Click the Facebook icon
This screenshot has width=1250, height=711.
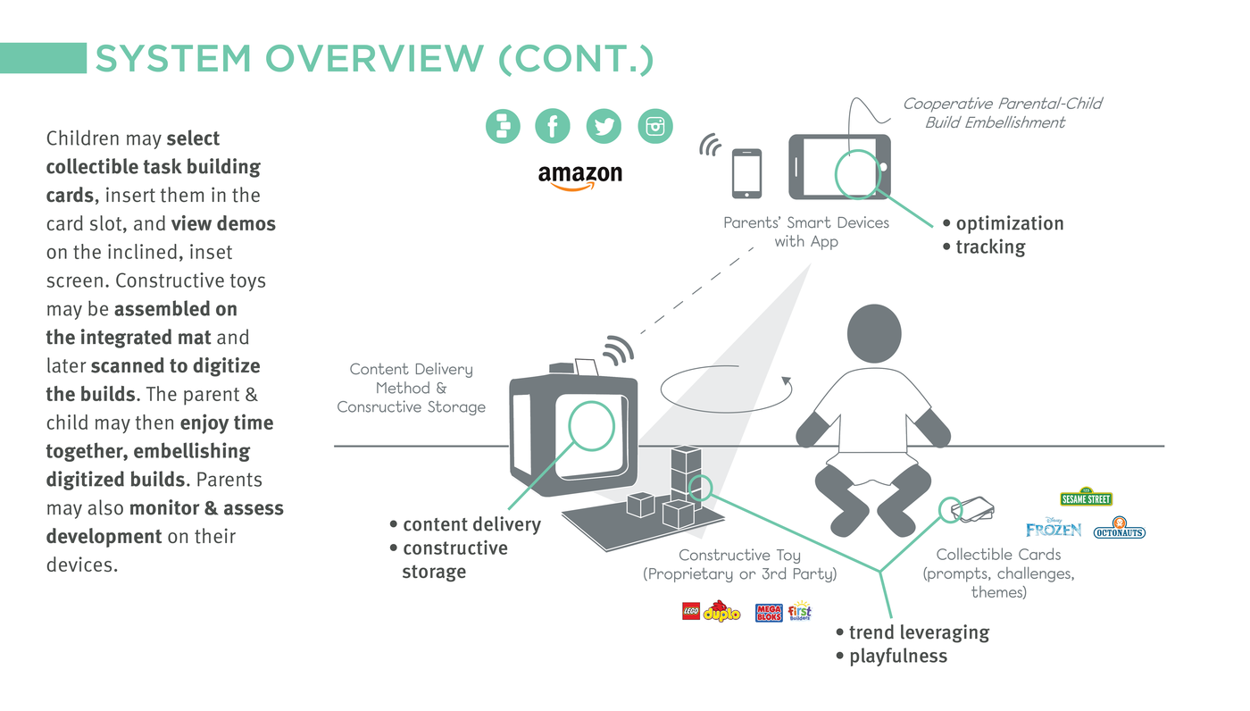553,126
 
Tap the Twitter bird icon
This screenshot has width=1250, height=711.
604,126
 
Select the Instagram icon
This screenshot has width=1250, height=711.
655,126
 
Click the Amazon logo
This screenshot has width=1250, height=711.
579,176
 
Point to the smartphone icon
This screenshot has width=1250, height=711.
746,173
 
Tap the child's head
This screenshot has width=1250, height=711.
873,336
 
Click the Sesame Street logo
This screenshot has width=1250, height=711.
1086,498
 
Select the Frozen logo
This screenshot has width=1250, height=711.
1054,528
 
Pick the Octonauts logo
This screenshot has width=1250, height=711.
1119,528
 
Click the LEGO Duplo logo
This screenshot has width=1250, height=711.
712,612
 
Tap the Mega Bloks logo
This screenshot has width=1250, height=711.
769,613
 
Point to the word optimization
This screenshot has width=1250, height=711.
1010,223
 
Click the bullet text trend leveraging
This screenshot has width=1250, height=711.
919,632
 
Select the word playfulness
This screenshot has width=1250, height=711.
897,657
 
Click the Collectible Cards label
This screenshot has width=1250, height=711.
998,555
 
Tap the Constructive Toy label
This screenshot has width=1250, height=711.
739,556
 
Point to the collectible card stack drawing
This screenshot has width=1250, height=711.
972,511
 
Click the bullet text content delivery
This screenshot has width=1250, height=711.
471,524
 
